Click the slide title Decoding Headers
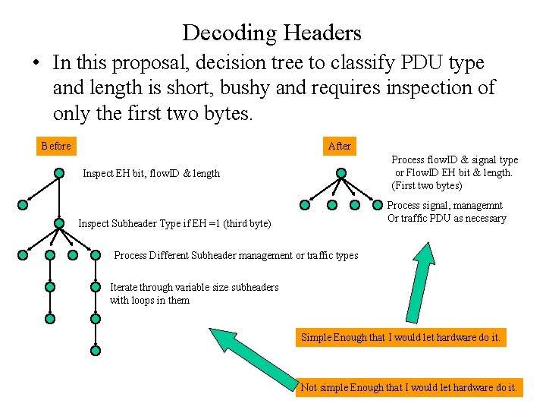coord(272,33)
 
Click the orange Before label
coord(56,146)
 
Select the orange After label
coord(340,146)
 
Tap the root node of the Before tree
coord(59,172)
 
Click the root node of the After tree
coord(340,172)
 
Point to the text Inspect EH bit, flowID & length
coord(151,173)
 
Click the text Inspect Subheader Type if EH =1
coord(174,223)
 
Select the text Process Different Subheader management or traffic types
coord(236,255)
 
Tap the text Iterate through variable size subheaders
coord(194,287)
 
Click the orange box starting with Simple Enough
coord(400,337)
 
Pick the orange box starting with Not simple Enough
coord(409,387)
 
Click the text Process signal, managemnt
coord(447,205)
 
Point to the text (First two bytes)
coord(427,185)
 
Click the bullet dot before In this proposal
coord(36,63)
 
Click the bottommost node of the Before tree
coord(96,351)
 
